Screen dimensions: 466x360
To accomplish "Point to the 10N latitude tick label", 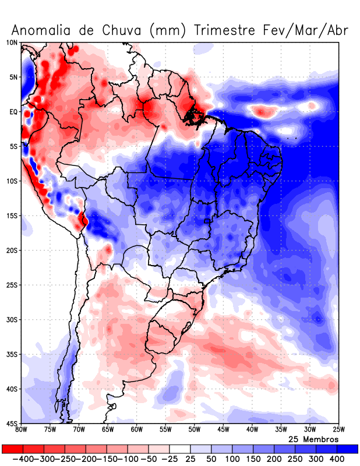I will (12, 43).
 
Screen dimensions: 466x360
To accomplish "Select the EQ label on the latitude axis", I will (13, 112).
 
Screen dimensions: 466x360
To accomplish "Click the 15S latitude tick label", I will (12, 216).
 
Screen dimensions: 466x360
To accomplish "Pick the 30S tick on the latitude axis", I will (12, 319).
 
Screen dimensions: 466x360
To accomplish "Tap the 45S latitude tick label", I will (12, 423).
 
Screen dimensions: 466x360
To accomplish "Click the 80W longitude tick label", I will (22, 430).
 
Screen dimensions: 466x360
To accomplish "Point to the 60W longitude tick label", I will (137, 430).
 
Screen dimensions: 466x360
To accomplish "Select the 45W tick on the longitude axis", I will (223, 430).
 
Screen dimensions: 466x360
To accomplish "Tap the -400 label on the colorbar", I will (22, 460).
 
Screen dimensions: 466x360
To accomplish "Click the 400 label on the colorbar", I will (337, 460).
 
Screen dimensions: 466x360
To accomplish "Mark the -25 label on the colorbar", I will (170, 460).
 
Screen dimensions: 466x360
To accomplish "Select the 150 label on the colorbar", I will (253, 460).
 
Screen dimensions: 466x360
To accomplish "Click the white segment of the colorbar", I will (180, 449).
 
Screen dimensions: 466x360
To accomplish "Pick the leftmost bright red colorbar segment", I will (12, 449).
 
